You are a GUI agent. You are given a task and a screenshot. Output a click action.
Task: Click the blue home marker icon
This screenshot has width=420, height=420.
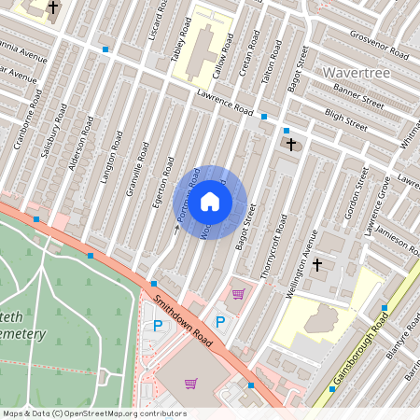(x=210, y=202)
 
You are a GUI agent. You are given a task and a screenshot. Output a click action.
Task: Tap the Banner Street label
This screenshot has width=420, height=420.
(x=358, y=97)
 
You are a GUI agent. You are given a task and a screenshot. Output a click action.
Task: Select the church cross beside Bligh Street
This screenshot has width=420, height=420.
(x=291, y=145)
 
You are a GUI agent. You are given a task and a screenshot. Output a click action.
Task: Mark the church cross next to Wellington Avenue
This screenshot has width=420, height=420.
(x=316, y=265)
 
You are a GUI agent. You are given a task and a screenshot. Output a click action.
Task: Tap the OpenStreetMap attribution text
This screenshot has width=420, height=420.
(x=93, y=413)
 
